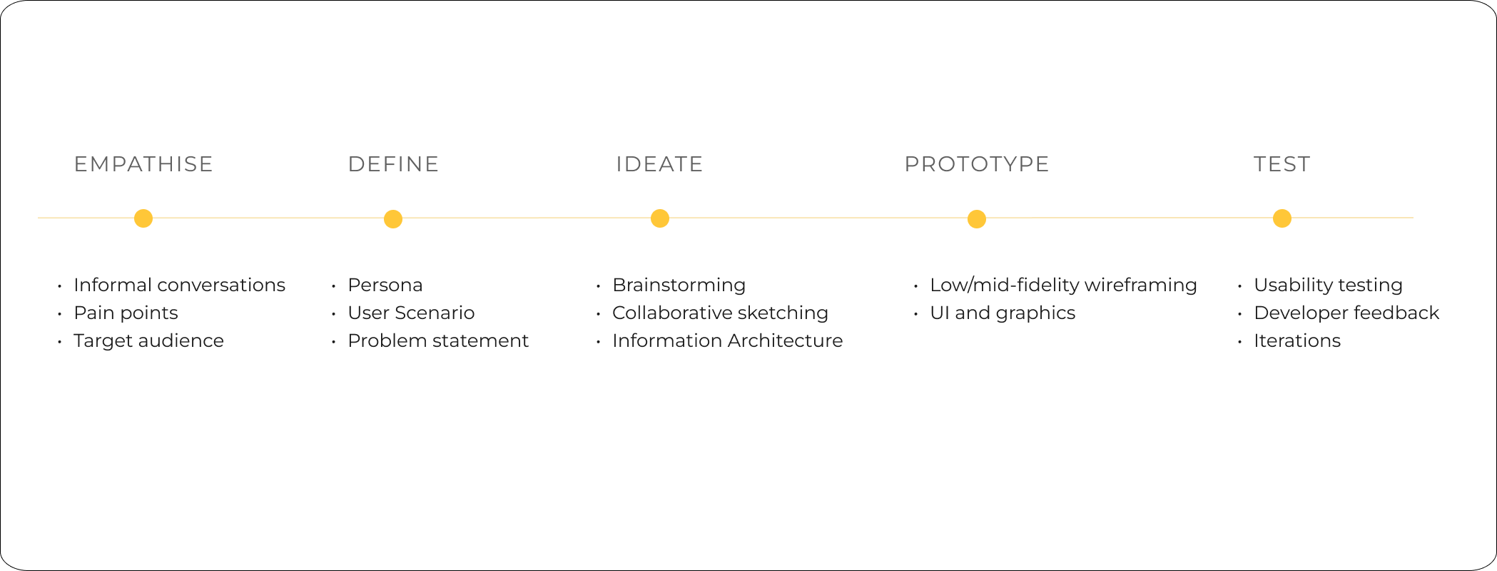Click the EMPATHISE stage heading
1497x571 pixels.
(143, 164)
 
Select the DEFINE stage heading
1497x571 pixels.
(393, 164)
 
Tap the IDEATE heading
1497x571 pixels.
(659, 164)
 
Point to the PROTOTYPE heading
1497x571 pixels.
(976, 164)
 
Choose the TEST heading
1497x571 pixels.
(1282, 164)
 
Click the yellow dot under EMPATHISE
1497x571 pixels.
(143, 218)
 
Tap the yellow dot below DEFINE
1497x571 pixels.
(393, 219)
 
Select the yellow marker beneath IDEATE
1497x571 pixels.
(660, 218)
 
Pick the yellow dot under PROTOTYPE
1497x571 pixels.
(977, 219)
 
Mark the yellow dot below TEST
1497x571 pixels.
(1282, 218)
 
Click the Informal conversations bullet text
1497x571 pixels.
(179, 285)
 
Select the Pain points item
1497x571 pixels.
(126, 313)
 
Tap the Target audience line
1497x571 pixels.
(148, 340)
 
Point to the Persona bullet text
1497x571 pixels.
(385, 285)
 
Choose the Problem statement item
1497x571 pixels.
(438, 340)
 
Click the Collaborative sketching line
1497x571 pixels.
(720, 313)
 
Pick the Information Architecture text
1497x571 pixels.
(727, 340)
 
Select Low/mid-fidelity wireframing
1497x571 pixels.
(1063, 285)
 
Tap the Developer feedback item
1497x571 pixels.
(1346, 313)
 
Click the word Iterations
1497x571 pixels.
(1297, 340)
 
